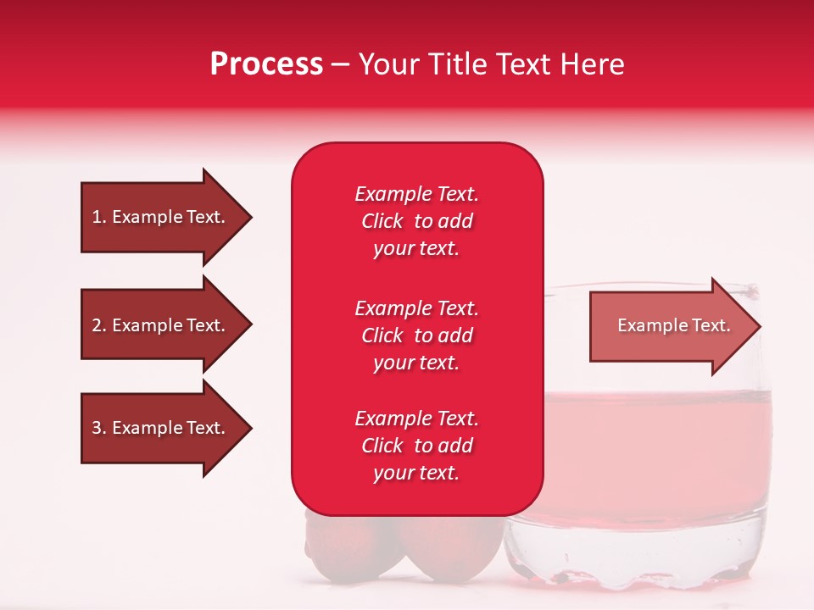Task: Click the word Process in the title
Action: tap(266, 64)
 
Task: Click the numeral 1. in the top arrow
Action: tap(99, 217)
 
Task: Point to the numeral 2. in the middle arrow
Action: tap(99, 325)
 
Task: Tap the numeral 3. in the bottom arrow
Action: tap(99, 428)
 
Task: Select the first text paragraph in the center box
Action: tap(416, 221)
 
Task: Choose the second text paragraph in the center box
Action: tap(416, 335)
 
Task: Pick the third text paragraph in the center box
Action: tap(416, 446)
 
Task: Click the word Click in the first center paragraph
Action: tap(382, 222)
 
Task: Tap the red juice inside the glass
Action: tap(661, 449)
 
